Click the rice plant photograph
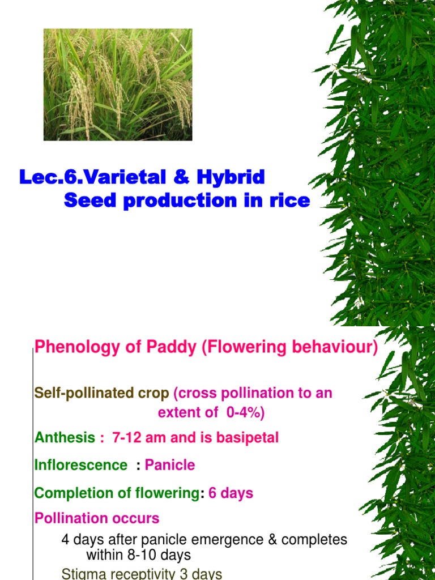coord(118,85)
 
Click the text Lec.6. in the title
coord(51,177)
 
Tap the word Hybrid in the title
coord(231,177)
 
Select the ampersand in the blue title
coord(181,177)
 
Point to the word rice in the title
coord(290,201)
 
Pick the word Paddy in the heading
coord(172,347)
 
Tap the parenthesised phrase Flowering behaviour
coord(289,347)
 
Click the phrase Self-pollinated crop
coord(102,393)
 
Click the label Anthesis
coord(65,438)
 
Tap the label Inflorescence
coord(81,466)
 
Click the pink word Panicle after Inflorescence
coord(170,466)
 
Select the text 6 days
coord(231,493)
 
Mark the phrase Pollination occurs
coord(97,518)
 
